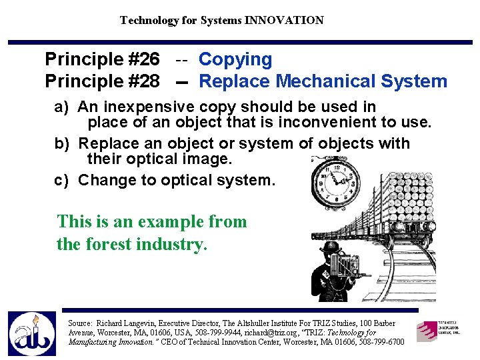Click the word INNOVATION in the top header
point(284,20)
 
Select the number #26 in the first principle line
point(141,59)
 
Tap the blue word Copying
point(235,59)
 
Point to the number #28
point(141,81)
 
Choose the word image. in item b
point(209,159)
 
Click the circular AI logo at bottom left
point(31,333)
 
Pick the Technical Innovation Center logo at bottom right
point(438,331)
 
